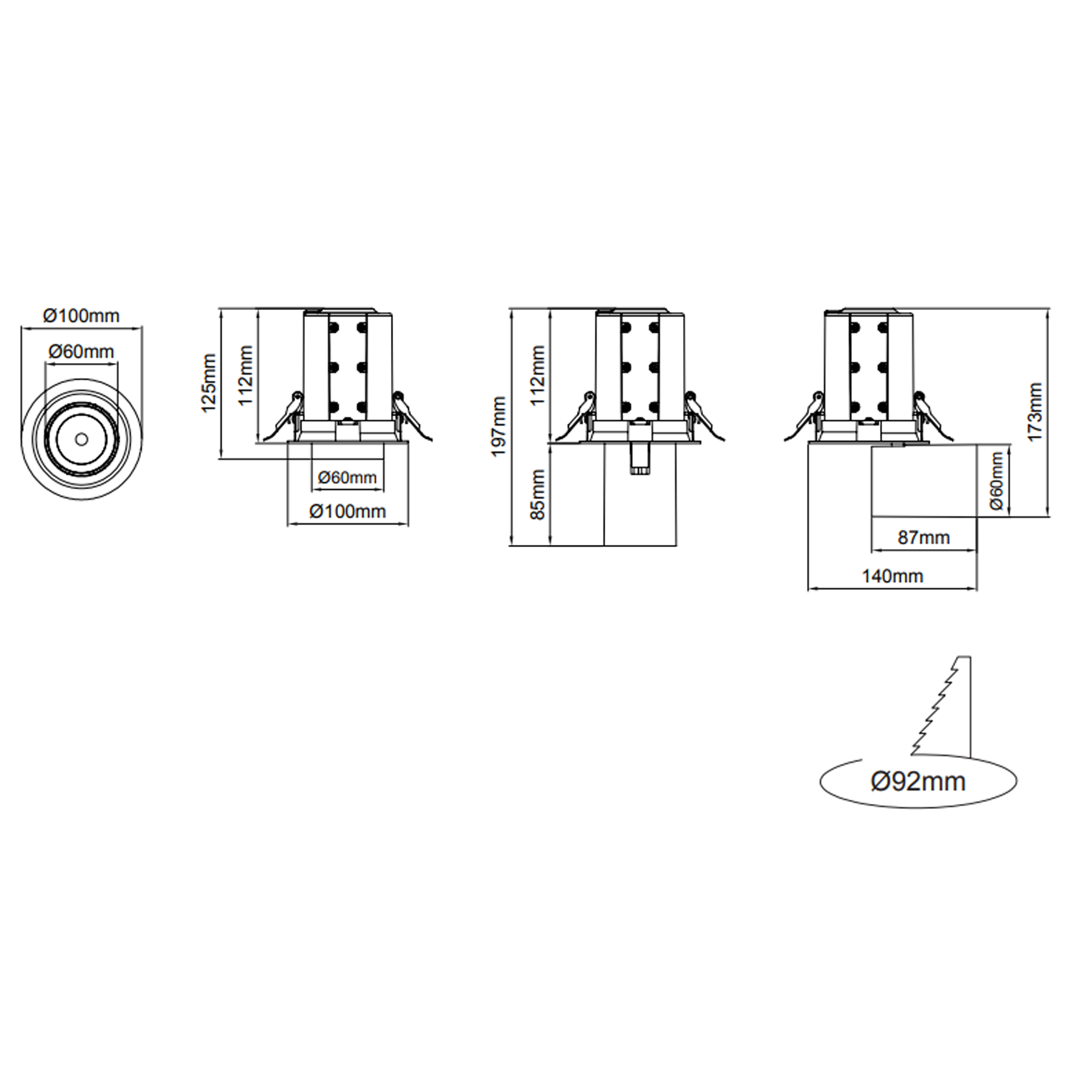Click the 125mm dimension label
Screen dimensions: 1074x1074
click(209, 382)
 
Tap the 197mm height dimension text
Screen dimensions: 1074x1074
click(500, 426)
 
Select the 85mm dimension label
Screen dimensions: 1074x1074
click(538, 494)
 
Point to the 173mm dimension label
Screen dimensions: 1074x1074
click(1035, 412)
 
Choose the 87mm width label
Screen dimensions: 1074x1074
click(924, 537)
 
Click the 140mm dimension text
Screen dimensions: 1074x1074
click(892, 576)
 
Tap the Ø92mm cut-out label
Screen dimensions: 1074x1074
click(918, 781)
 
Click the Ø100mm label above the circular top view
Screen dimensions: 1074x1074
click(81, 315)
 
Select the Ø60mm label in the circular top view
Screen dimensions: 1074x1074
click(81, 352)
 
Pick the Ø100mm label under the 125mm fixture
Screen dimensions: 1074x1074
click(347, 511)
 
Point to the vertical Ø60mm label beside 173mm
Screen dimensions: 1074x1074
click(996, 481)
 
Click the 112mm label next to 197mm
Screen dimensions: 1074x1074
click(538, 375)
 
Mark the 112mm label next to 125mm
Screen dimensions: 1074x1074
click(246, 375)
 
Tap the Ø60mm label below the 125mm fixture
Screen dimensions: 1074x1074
click(347, 477)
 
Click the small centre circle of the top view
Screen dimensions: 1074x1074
click(81, 437)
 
